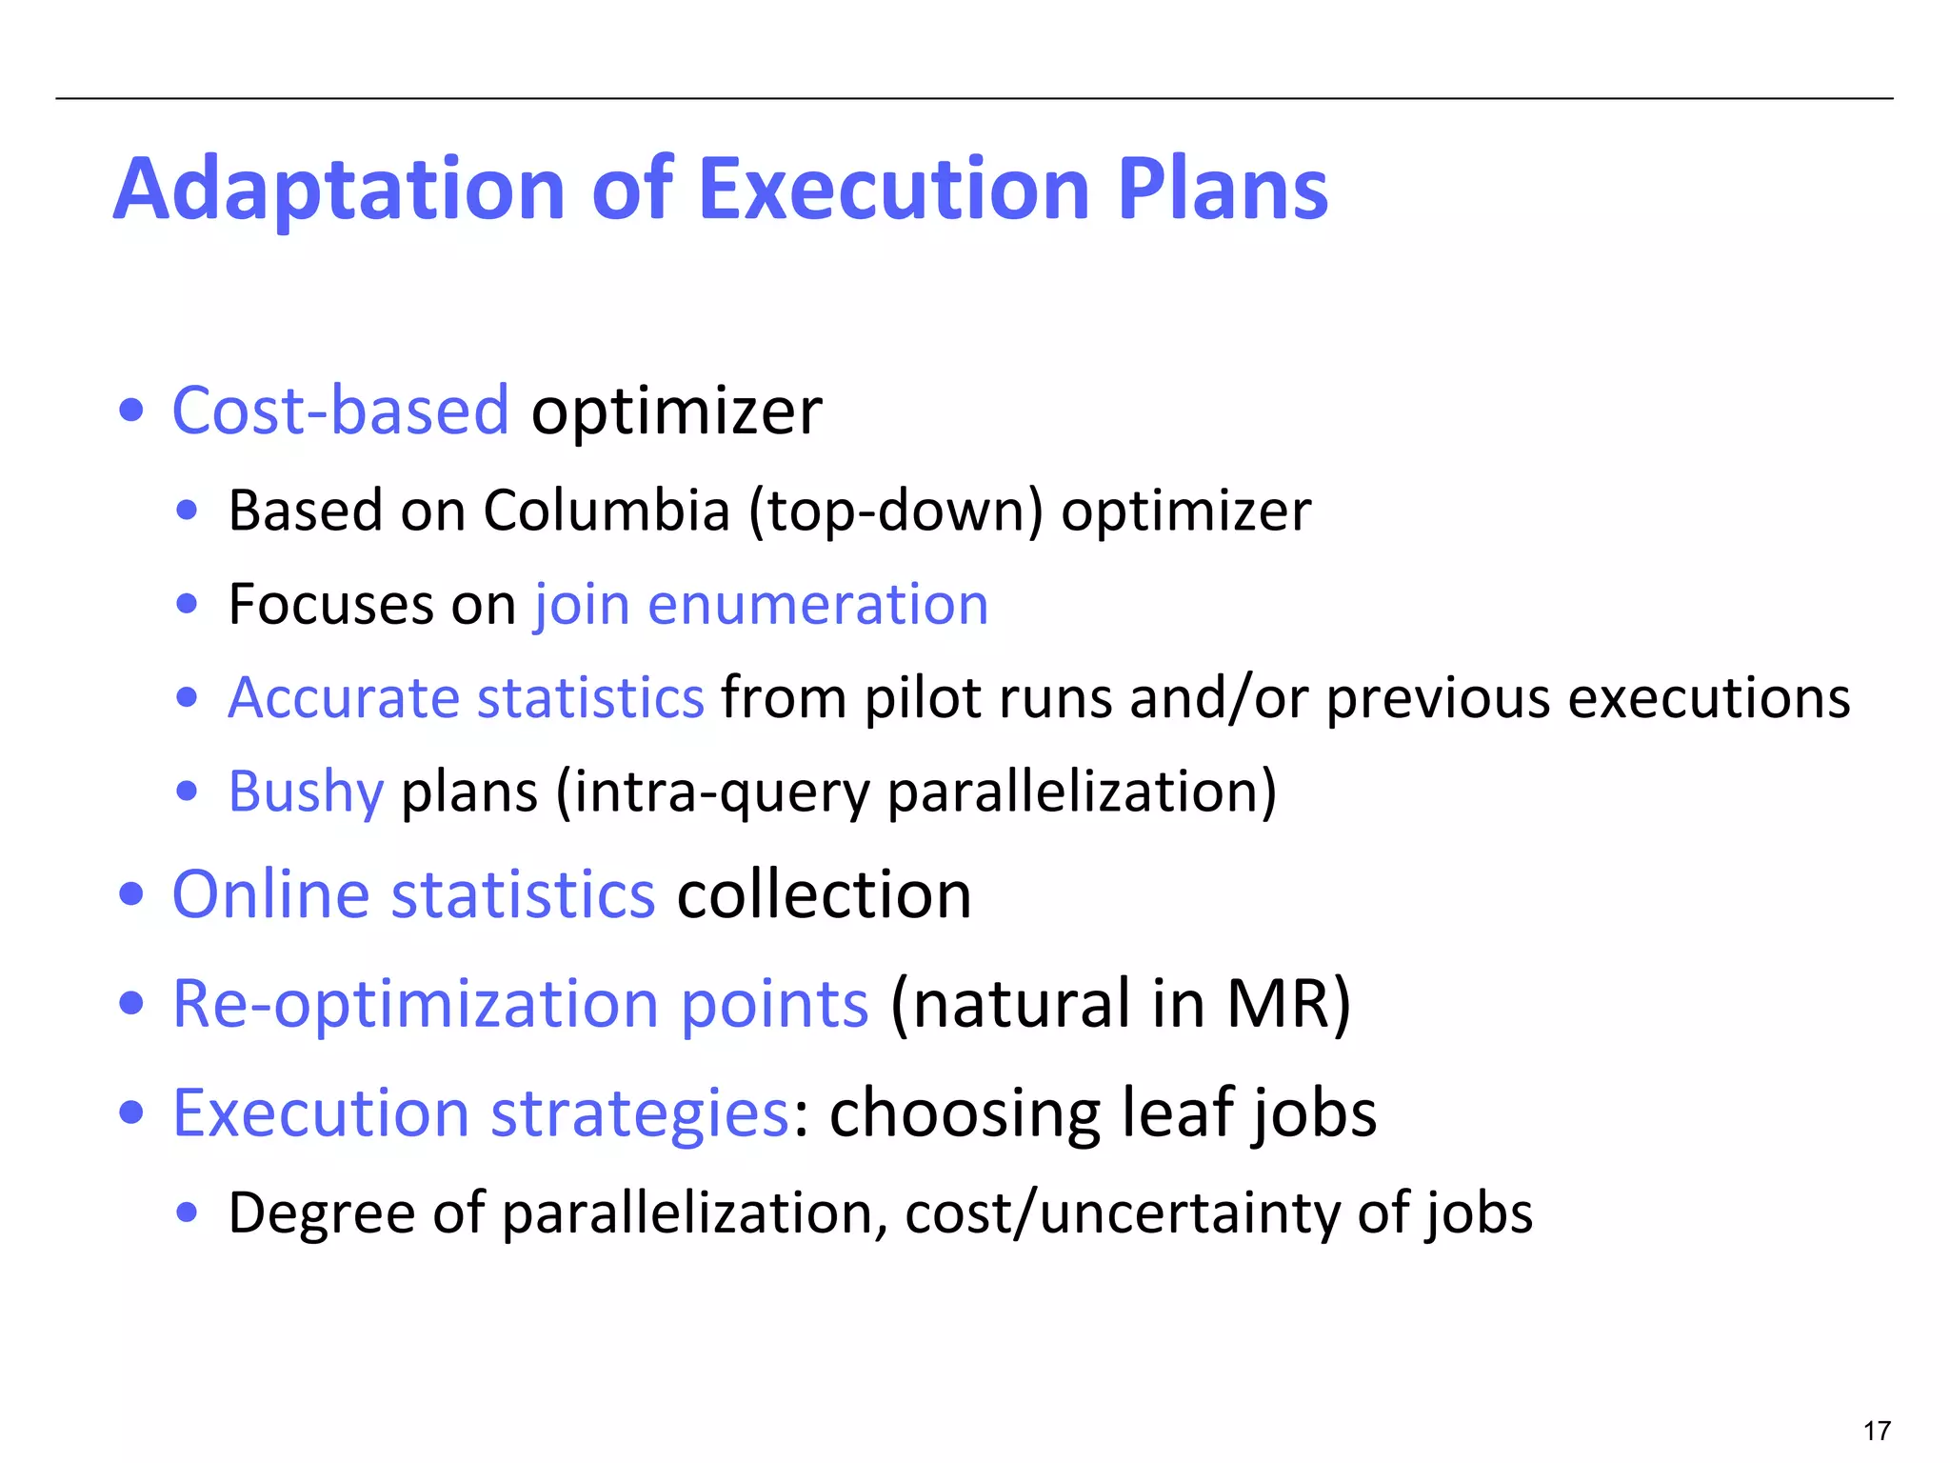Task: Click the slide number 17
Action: point(1877,1431)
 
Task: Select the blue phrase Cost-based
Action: point(341,411)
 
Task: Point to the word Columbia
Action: point(607,511)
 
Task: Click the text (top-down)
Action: point(896,511)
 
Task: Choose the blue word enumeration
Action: point(818,605)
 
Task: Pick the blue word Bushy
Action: point(306,792)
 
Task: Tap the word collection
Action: point(824,894)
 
